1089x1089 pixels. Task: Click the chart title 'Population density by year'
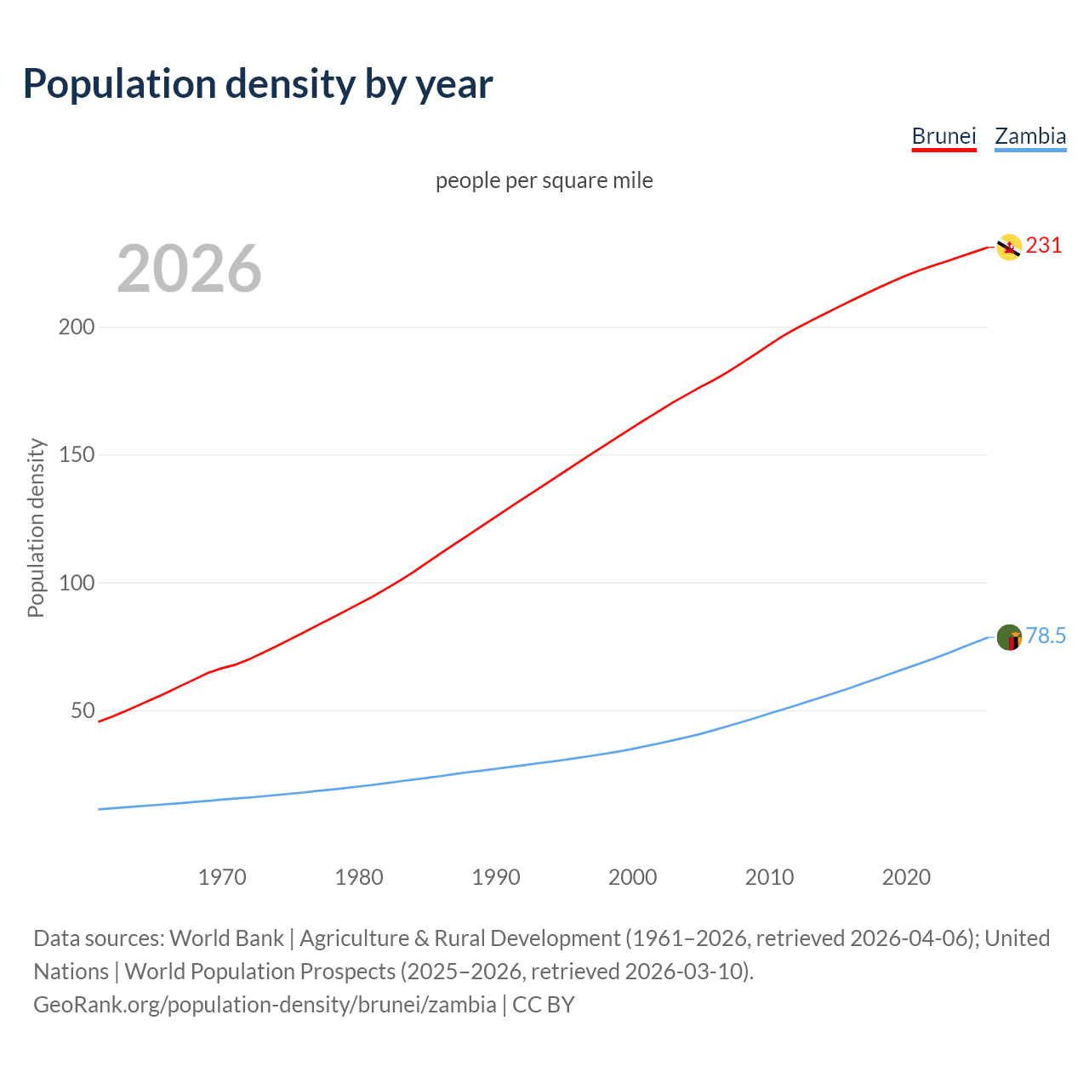pyautogui.click(x=258, y=84)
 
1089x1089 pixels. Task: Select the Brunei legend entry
pyautogui.click(x=944, y=136)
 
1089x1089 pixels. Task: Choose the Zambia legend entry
pyautogui.click(x=1030, y=136)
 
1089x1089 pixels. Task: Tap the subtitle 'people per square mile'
pyautogui.click(x=544, y=181)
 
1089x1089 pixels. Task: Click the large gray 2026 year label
pyautogui.click(x=189, y=269)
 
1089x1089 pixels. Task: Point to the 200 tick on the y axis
pyautogui.click(x=76, y=328)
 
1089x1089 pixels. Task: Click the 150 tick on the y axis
pyautogui.click(x=76, y=455)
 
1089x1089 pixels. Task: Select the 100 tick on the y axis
pyautogui.click(x=76, y=584)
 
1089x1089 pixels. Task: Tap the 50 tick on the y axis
pyautogui.click(x=82, y=711)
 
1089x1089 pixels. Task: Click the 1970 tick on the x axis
pyautogui.click(x=222, y=877)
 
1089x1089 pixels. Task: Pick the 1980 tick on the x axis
pyautogui.click(x=359, y=877)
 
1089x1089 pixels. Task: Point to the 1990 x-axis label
pyautogui.click(x=496, y=877)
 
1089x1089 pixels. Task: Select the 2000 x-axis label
pyautogui.click(x=633, y=877)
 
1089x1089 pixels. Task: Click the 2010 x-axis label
pyautogui.click(x=770, y=877)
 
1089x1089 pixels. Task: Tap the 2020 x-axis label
pyautogui.click(x=906, y=877)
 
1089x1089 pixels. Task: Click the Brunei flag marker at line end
pyautogui.click(x=1009, y=247)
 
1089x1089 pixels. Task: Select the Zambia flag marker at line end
pyautogui.click(x=1009, y=637)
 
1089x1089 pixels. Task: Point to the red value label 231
pyautogui.click(x=1044, y=246)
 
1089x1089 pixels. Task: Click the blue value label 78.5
pyautogui.click(x=1046, y=636)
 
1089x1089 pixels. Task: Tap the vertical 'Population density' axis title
pyautogui.click(x=36, y=527)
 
